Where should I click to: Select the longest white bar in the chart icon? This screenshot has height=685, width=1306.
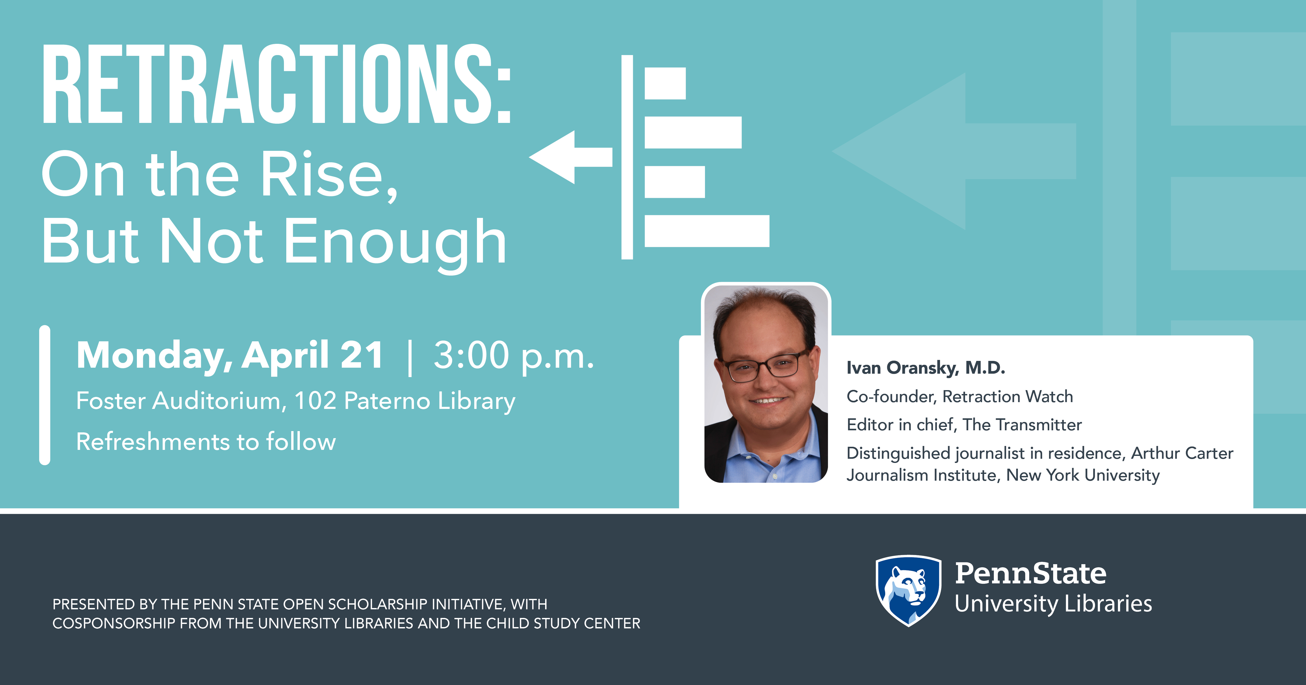[707, 231]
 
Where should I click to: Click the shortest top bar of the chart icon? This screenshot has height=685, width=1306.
[665, 83]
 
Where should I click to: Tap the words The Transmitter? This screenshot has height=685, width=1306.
[1022, 425]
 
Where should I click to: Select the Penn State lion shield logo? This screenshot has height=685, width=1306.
[908, 591]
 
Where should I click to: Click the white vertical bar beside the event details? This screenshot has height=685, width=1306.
[45, 395]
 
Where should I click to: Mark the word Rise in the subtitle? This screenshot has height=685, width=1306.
[322, 175]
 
